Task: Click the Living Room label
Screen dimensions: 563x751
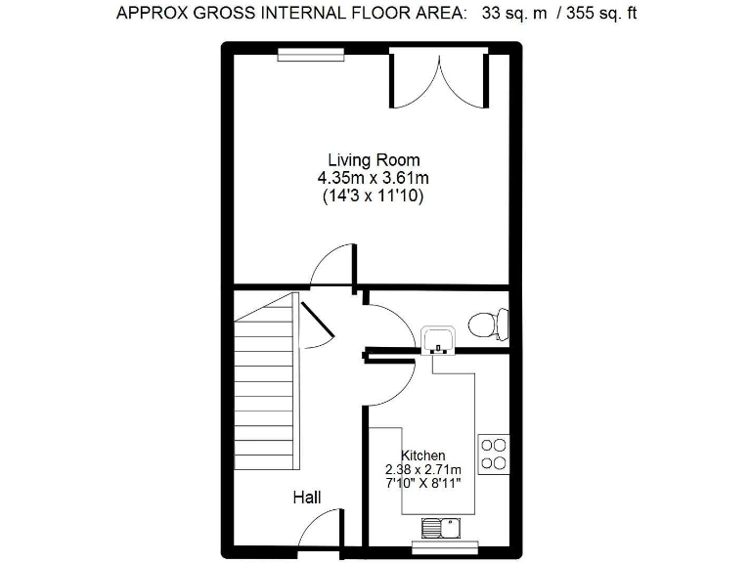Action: pos(374,160)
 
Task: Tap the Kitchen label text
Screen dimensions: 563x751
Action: pos(423,455)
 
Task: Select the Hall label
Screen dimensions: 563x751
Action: pos(307,498)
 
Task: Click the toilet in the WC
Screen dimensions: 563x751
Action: pos(487,323)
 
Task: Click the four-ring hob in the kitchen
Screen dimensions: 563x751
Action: pos(493,453)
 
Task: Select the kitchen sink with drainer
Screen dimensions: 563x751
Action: pos(443,529)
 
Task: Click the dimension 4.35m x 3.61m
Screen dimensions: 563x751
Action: pos(374,178)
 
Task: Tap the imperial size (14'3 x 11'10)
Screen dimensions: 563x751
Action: pos(374,195)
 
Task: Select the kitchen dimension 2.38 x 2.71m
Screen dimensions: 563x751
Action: pos(423,469)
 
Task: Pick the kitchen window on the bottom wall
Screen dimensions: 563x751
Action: pos(444,548)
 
